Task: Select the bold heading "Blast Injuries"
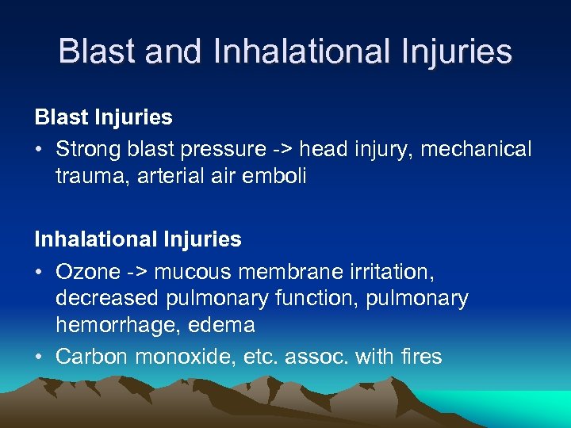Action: coord(103,117)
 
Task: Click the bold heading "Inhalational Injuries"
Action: coord(138,239)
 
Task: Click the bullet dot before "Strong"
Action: coord(39,150)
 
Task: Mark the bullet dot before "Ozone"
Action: coord(39,272)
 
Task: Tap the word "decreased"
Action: coord(107,298)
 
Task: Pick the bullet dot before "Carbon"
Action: coord(39,357)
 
